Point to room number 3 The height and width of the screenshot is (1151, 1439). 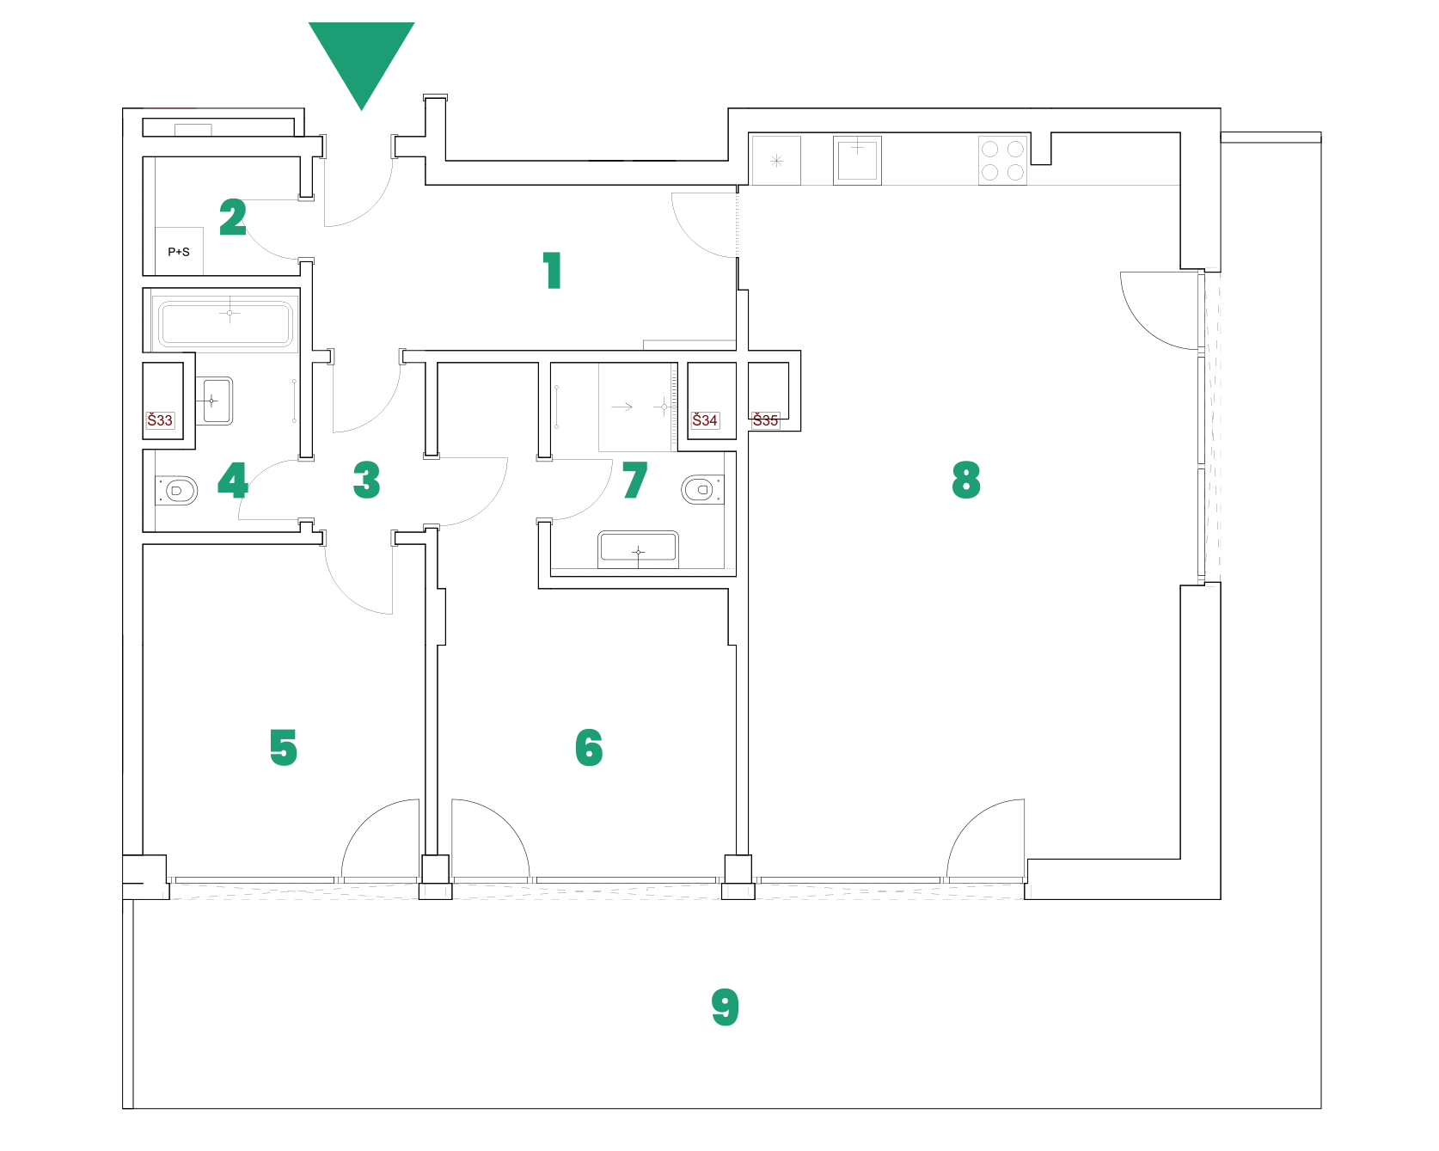click(x=366, y=480)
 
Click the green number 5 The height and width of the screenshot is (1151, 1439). click(x=283, y=747)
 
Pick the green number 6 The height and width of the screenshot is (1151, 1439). click(x=589, y=747)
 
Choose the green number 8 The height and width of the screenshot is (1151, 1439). click(x=966, y=480)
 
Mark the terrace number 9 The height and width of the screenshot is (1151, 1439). click(x=725, y=1007)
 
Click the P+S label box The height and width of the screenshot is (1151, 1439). click(x=179, y=252)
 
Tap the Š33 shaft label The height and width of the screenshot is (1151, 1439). click(x=160, y=420)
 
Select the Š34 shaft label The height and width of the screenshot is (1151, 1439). click(x=705, y=420)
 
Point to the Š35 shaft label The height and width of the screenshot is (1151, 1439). click(x=765, y=420)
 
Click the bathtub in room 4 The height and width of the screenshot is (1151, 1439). click(x=226, y=323)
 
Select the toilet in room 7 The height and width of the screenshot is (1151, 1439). click(x=701, y=490)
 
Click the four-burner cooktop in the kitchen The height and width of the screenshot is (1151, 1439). click(x=1002, y=161)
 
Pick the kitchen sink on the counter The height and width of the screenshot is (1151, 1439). click(x=857, y=160)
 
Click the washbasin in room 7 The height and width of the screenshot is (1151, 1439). click(x=638, y=548)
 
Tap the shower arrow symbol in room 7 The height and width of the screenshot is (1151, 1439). click(x=622, y=407)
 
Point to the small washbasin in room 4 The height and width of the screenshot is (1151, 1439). click(x=216, y=401)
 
